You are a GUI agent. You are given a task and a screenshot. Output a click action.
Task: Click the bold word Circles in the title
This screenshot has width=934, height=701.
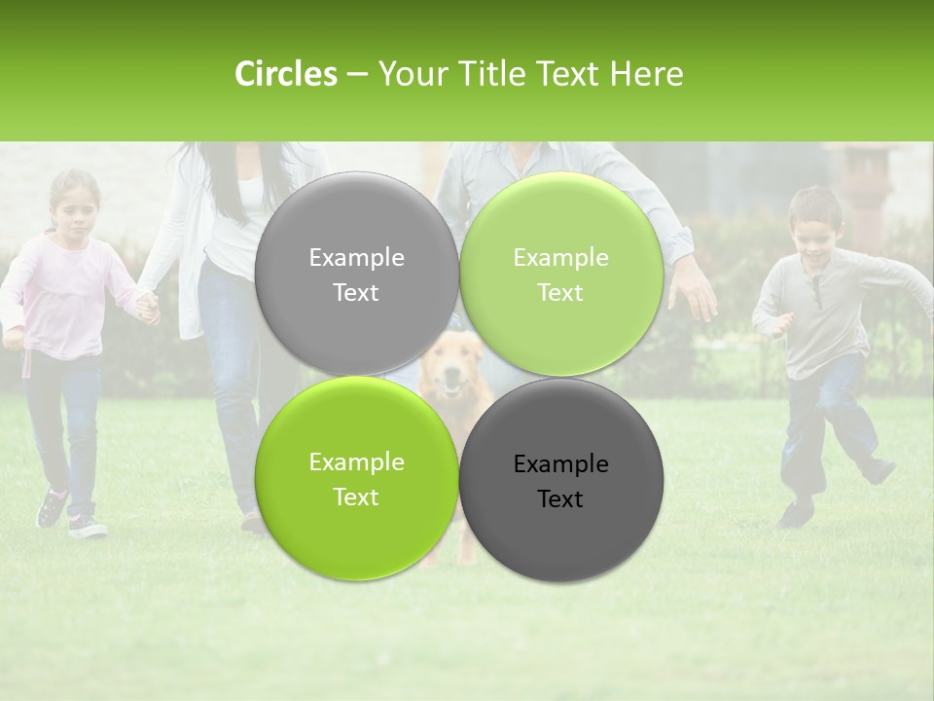(285, 74)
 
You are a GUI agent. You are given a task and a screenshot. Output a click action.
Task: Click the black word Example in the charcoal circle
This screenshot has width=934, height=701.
(560, 464)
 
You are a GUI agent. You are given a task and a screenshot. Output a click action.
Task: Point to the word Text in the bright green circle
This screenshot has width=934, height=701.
(356, 497)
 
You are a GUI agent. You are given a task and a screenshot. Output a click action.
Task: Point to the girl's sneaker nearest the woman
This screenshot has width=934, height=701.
(88, 528)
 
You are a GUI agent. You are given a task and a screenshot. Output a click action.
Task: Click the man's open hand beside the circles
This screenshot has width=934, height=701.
(693, 292)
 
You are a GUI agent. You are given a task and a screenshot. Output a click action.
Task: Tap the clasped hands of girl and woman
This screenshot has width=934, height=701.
(147, 310)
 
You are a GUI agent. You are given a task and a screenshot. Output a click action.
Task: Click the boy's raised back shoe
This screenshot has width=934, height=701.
(879, 470)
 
